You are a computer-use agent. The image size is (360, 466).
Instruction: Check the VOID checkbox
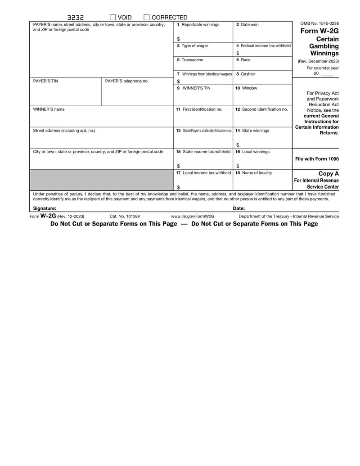(x=113, y=18)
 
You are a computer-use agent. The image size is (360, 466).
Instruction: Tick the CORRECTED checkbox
(x=147, y=18)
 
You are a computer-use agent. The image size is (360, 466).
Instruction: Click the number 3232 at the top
(x=76, y=18)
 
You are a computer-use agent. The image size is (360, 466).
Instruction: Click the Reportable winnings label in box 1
(x=201, y=25)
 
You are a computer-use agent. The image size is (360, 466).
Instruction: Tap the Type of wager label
(x=195, y=46)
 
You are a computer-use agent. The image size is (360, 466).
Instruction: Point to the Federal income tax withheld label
(x=265, y=46)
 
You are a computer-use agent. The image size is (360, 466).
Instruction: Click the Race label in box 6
(x=245, y=60)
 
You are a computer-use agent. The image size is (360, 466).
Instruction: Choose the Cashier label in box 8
(x=248, y=74)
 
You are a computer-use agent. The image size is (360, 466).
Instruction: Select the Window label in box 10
(x=249, y=88)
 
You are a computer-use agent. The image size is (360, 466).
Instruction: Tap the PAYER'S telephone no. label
(x=126, y=81)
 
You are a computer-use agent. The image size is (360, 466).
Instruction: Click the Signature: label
(x=45, y=208)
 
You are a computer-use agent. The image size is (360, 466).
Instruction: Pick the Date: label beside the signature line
(x=239, y=208)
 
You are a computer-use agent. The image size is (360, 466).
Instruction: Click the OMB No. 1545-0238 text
(x=319, y=23)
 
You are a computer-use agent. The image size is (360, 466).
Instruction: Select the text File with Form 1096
(x=317, y=159)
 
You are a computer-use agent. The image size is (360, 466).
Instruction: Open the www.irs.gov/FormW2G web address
(x=193, y=217)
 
